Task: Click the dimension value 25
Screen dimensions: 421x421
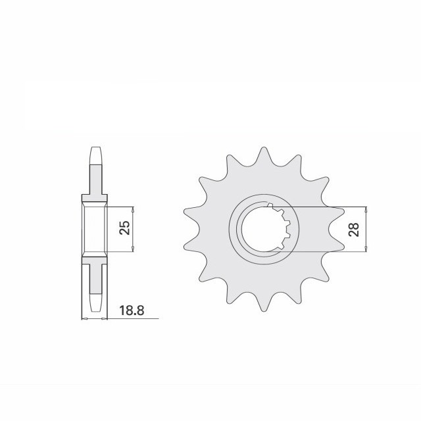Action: point(126,228)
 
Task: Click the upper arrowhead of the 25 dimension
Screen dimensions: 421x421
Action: point(134,210)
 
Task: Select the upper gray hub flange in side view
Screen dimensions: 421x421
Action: point(94,197)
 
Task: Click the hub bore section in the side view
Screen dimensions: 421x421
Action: point(94,228)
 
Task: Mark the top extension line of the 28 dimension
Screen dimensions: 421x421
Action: point(329,207)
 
